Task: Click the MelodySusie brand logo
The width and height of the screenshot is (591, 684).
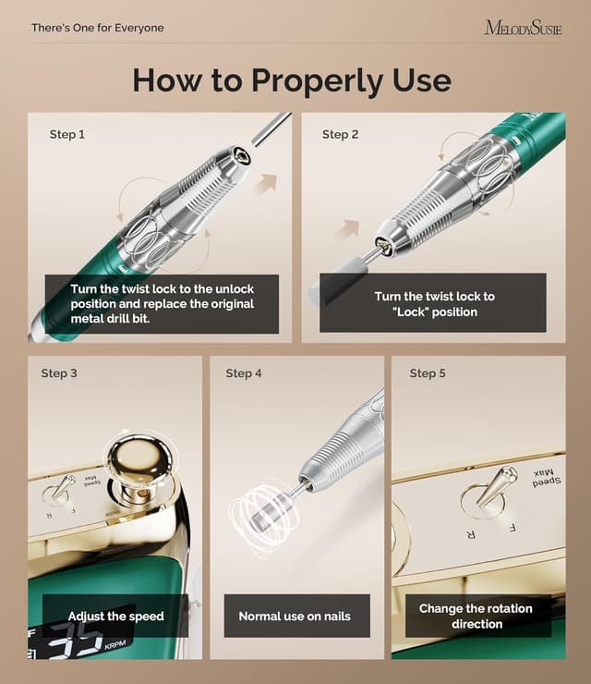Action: [x=523, y=28]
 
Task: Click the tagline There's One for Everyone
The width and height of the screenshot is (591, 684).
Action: [x=97, y=28]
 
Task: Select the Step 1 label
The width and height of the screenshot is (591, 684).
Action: [x=67, y=134]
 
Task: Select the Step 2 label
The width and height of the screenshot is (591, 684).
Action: [x=341, y=134]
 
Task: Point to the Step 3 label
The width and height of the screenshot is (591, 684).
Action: [x=59, y=373]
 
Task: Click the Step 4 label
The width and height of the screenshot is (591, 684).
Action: [x=244, y=373]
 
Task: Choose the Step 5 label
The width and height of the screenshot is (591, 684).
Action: [x=428, y=373]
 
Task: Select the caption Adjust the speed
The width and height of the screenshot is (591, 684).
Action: [x=115, y=616]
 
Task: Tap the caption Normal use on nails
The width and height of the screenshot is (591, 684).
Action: [x=295, y=616]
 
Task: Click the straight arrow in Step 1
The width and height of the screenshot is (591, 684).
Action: [x=266, y=183]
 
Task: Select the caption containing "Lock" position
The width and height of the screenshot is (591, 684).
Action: [x=433, y=304]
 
